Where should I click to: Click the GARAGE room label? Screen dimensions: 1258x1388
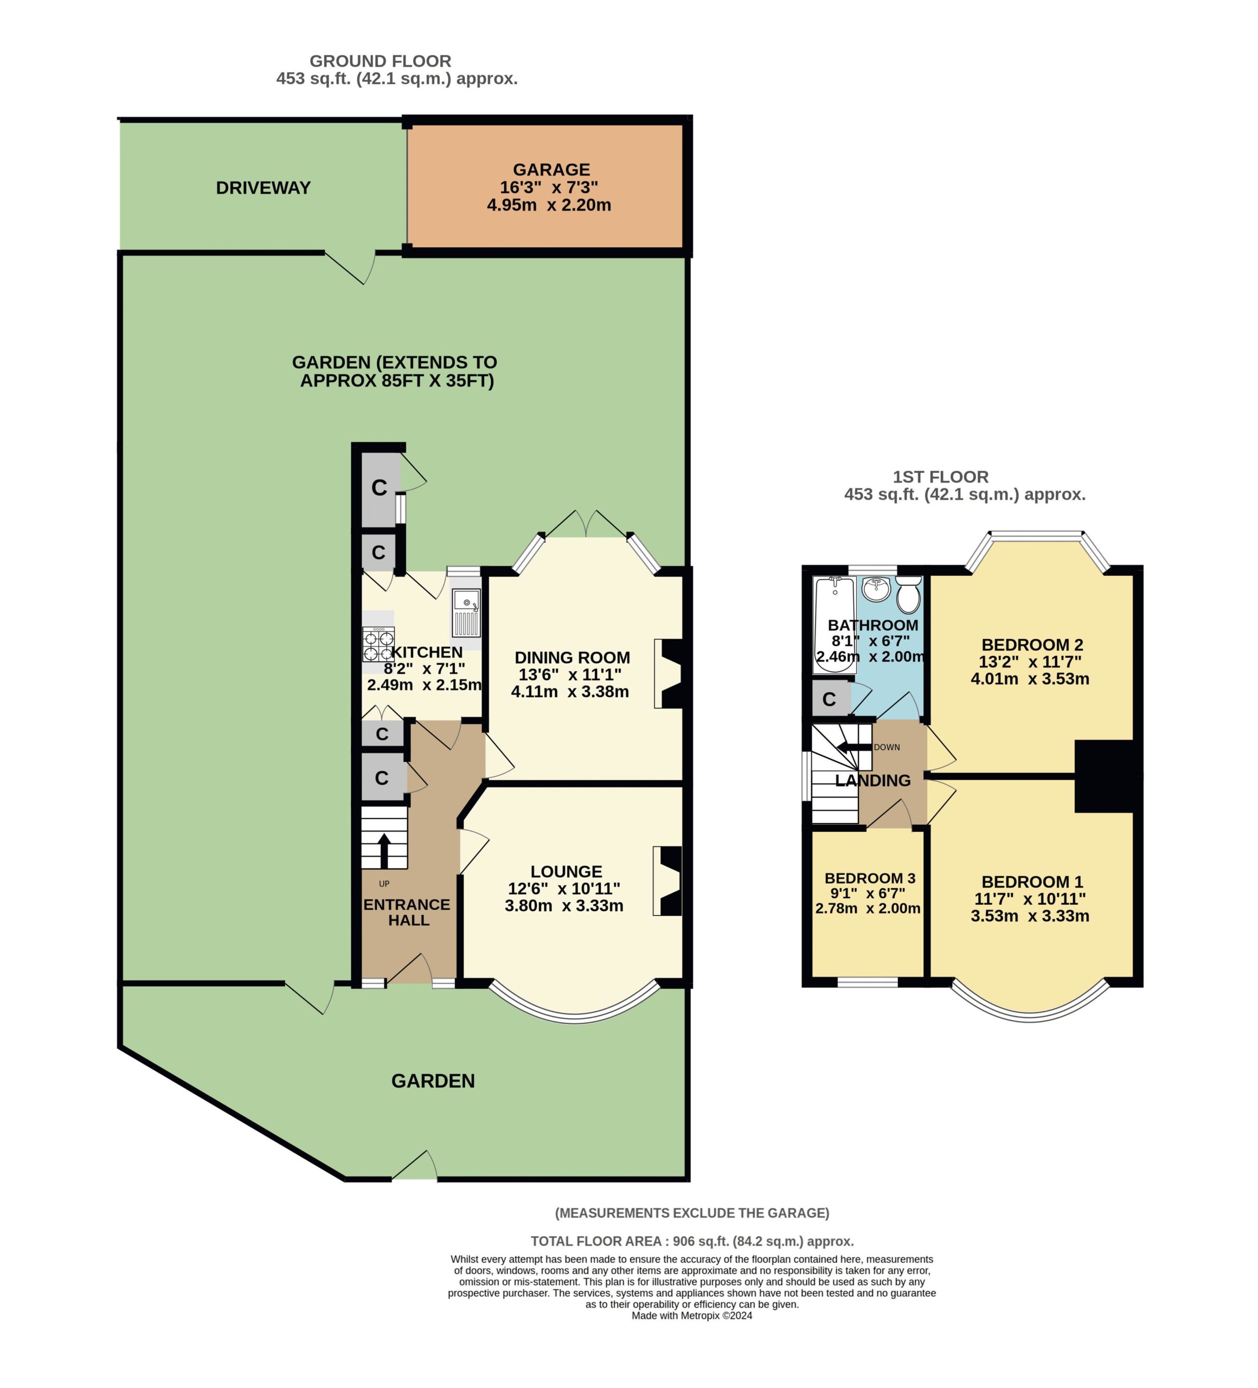click(551, 169)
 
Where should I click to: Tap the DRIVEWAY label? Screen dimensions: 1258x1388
click(263, 188)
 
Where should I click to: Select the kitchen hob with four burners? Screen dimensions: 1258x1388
click(378, 645)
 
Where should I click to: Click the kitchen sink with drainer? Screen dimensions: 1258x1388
click(466, 613)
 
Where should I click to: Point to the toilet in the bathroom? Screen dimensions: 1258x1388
click(908, 594)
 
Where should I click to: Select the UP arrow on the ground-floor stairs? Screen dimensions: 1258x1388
click(383, 851)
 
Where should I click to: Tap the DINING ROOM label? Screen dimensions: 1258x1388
click(572, 658)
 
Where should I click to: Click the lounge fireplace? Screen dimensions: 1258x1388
click(667, 881)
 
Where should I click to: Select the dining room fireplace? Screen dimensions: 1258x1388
click(667, 674)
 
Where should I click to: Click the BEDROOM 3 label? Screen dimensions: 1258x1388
click(870, 878)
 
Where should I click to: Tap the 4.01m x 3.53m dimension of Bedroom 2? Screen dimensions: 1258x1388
click(1030, 679)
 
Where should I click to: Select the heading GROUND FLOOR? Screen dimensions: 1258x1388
click(380, 61)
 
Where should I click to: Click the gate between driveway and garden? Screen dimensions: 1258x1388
click(350, 267)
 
